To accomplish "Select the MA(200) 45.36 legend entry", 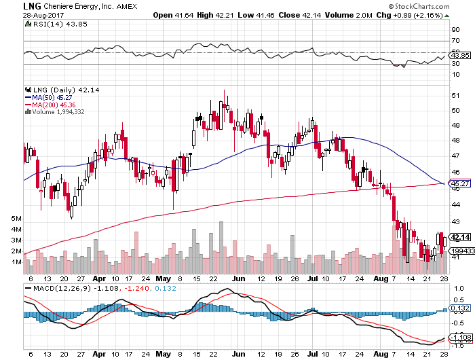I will tap(54, 105).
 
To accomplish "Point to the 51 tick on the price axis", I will tap(456, 94).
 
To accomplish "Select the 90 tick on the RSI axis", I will tap(456, 30).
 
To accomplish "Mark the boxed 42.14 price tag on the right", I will tap(460, 236).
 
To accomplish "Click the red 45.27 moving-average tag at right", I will tap(460, 184).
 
